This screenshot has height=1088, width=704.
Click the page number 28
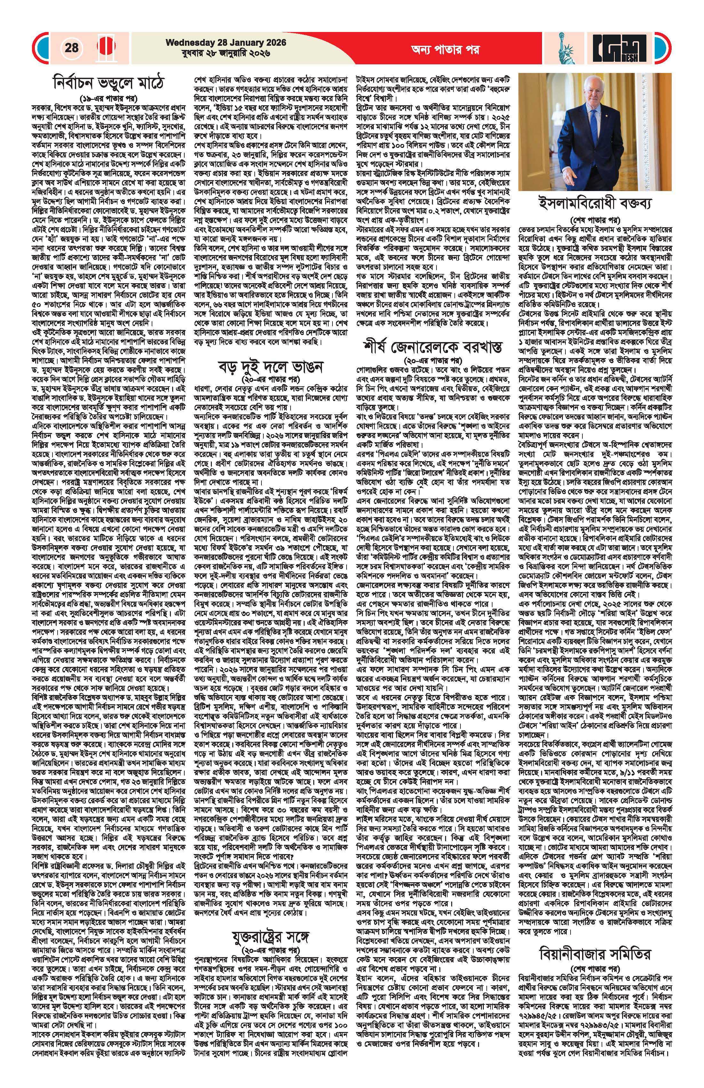click(x=71, y=48)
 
